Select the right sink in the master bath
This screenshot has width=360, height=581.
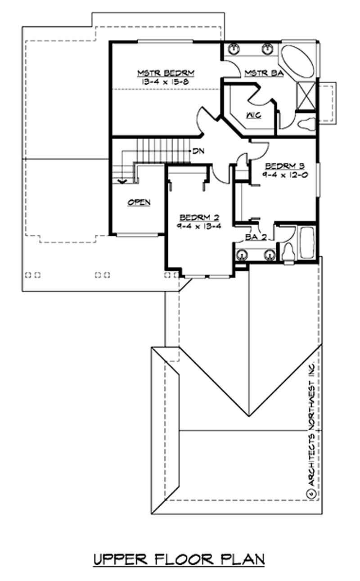(269, 49)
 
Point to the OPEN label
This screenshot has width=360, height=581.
(139, 203)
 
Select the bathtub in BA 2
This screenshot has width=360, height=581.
(308, 243)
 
